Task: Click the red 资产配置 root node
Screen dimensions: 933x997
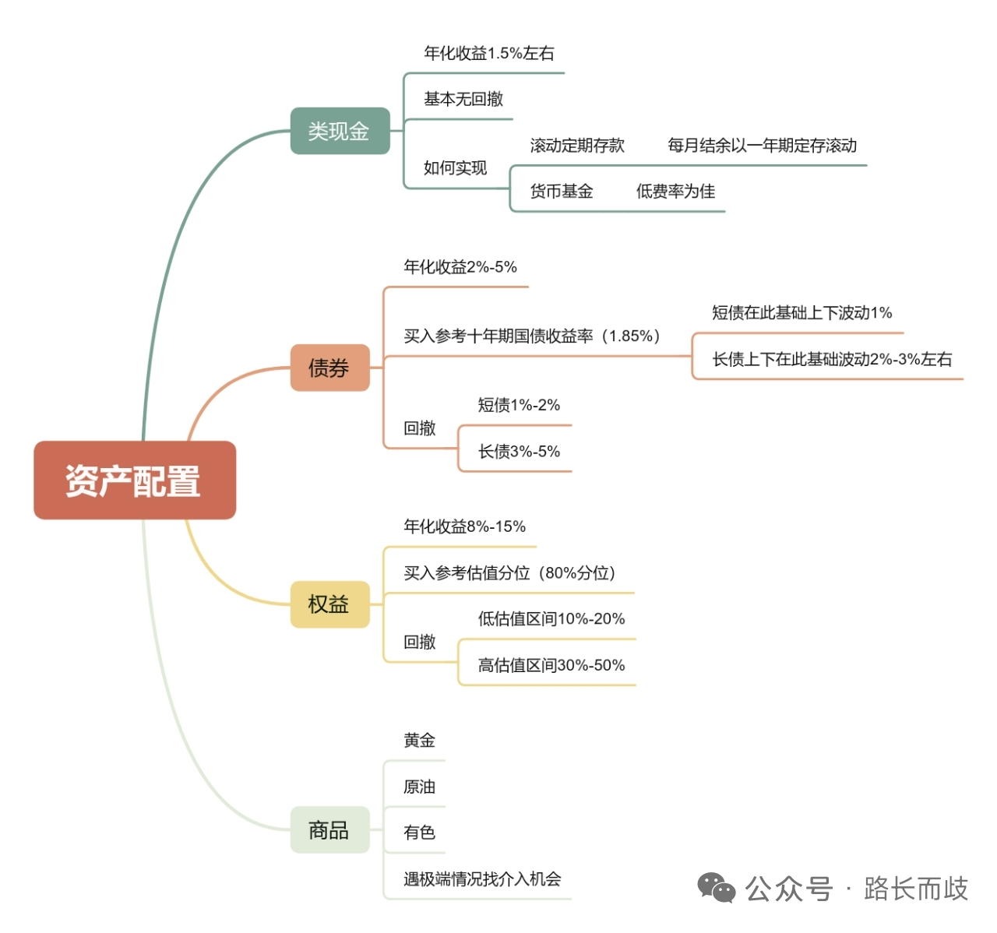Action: (x=134, y=481)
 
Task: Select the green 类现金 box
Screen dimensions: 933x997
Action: (x=340, y=131)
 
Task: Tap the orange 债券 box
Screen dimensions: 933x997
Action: (x=329, y=368)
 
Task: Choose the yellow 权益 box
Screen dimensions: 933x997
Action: (x=329, y=604)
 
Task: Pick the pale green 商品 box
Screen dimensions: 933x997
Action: (x=329, y=830)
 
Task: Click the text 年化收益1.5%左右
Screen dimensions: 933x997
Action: (x=489, y=54)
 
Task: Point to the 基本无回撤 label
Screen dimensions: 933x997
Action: (x=463, y=100)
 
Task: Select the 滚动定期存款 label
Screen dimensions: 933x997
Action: (x=577, y=146)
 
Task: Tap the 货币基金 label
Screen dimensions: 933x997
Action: (x=562, y=192)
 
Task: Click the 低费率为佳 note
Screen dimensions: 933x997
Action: (x=675, y=192)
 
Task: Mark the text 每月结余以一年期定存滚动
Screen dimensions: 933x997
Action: (x=762, y=146)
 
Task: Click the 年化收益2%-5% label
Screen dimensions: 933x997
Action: (x=460, y=267)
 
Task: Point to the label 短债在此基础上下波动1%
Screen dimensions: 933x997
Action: (x=801, y=313)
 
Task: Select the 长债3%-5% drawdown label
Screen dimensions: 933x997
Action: (x=519, y=452)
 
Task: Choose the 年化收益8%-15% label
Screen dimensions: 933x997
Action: (x=464, y=527)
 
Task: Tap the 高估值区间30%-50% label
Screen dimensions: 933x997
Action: (x=551, y=666)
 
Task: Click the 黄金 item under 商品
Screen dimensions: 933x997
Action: (x=419, y=741)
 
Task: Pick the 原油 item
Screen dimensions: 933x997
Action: (x=419, y=787)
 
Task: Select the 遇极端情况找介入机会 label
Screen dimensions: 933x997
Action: (x=482, y=879)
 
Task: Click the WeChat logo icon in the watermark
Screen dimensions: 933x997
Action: (x=716, y=888)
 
